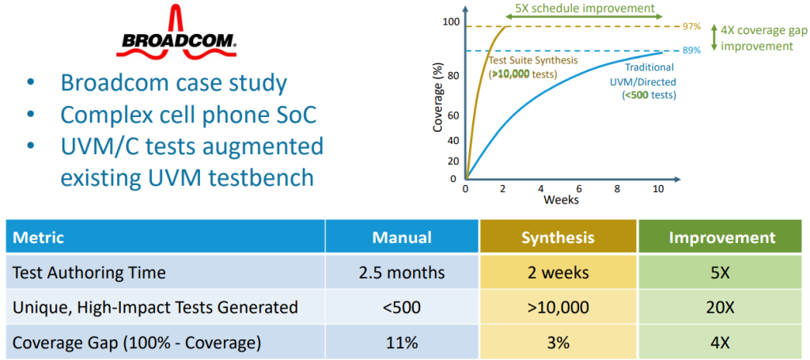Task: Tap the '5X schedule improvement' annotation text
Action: click(585, 9)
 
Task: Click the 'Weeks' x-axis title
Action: click(561, 199)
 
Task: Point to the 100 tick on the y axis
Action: click(450, 21)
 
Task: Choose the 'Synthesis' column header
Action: click(558, 237)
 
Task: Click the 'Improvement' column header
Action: click(719, 237)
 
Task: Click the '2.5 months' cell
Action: click(402, 272)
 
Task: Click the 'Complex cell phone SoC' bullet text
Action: click(188, 115)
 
